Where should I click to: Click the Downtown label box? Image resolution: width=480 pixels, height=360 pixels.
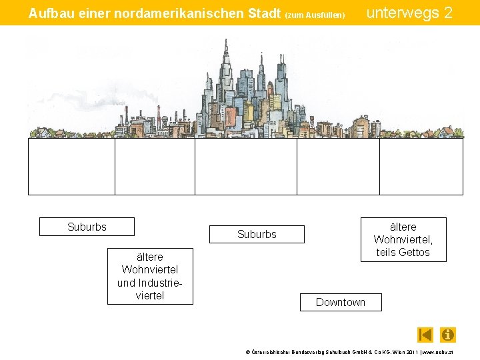[341, 302]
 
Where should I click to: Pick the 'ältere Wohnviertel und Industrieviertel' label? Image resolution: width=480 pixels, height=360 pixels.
[150, 276]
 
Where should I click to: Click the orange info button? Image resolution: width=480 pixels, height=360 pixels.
[448, 335]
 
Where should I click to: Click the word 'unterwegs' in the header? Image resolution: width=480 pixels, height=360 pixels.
[402, 13]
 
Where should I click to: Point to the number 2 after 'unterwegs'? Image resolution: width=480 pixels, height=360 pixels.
[448, 13]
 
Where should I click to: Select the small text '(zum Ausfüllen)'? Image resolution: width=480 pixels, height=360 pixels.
[315, 15]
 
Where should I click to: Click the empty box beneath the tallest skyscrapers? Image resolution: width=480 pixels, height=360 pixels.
[245, 166]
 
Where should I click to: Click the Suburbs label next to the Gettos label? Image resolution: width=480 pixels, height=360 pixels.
[257, 234]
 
